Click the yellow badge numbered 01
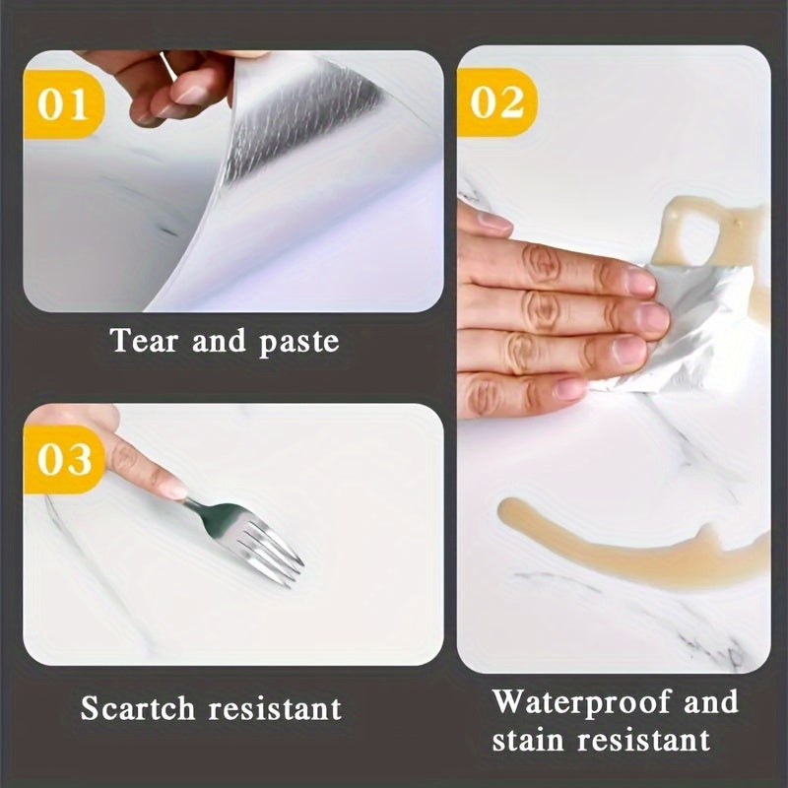(63, 104)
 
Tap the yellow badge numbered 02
(496, 102)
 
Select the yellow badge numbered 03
(64, 459)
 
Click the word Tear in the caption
(144, 341)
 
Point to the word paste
(299, 343)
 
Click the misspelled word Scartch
(138, 708)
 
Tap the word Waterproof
(580, 702)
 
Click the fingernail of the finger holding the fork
(174, 490)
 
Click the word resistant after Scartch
(276, 708)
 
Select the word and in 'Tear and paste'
(219, 341)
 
